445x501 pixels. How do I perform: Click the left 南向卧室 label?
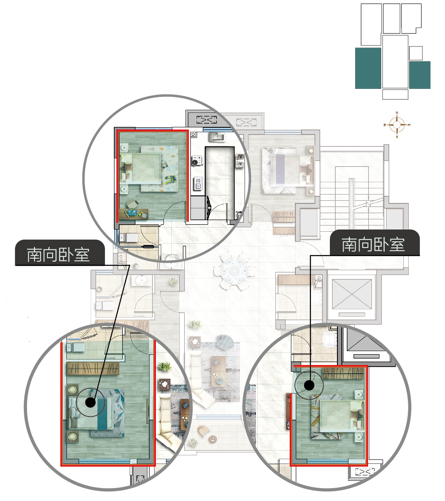pyautogui.click(x=58, y=254)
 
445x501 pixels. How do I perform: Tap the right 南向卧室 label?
pyautogui.click(x=373, y=244)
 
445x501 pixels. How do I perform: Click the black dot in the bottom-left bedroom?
pyautogui.click(x=90, y=402)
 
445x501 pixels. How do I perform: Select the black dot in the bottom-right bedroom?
pyautogui.click(x=309, y=386)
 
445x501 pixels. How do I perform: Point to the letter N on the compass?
pyautogui.click(x=397, y=113)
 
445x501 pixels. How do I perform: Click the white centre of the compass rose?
pyautogui.click(x=397, y=125)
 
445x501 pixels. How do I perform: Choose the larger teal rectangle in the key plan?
pyautogui.click(x=368, y=68)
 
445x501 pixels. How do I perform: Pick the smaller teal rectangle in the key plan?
pyautogui.click(x=419, y=75)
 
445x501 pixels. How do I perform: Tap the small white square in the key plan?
pyautogui.click(x=416, y=53)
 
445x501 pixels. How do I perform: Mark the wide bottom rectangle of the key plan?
pyautogui.click(x=395, y=94)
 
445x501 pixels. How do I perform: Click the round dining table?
pyautogui.click(x=234, y=269)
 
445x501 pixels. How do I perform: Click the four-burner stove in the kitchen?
pyautogui.click(x=196, y=161)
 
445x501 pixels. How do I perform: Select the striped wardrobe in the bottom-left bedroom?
pyautogui.click(x=93, y=368)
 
